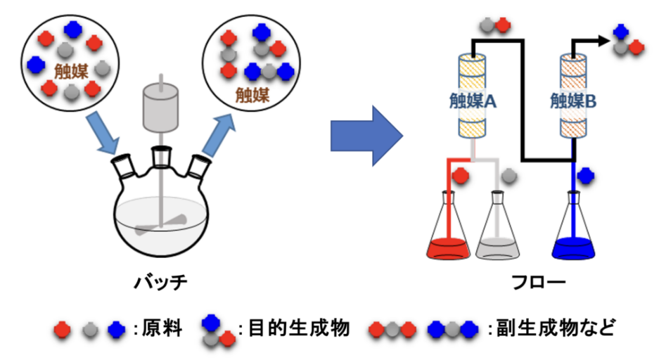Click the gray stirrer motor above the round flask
[x=161, y=109]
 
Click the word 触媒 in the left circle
[x=70, y=72]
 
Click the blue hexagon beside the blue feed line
[x=585, y=175]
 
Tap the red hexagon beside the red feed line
[x=461, y=175]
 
